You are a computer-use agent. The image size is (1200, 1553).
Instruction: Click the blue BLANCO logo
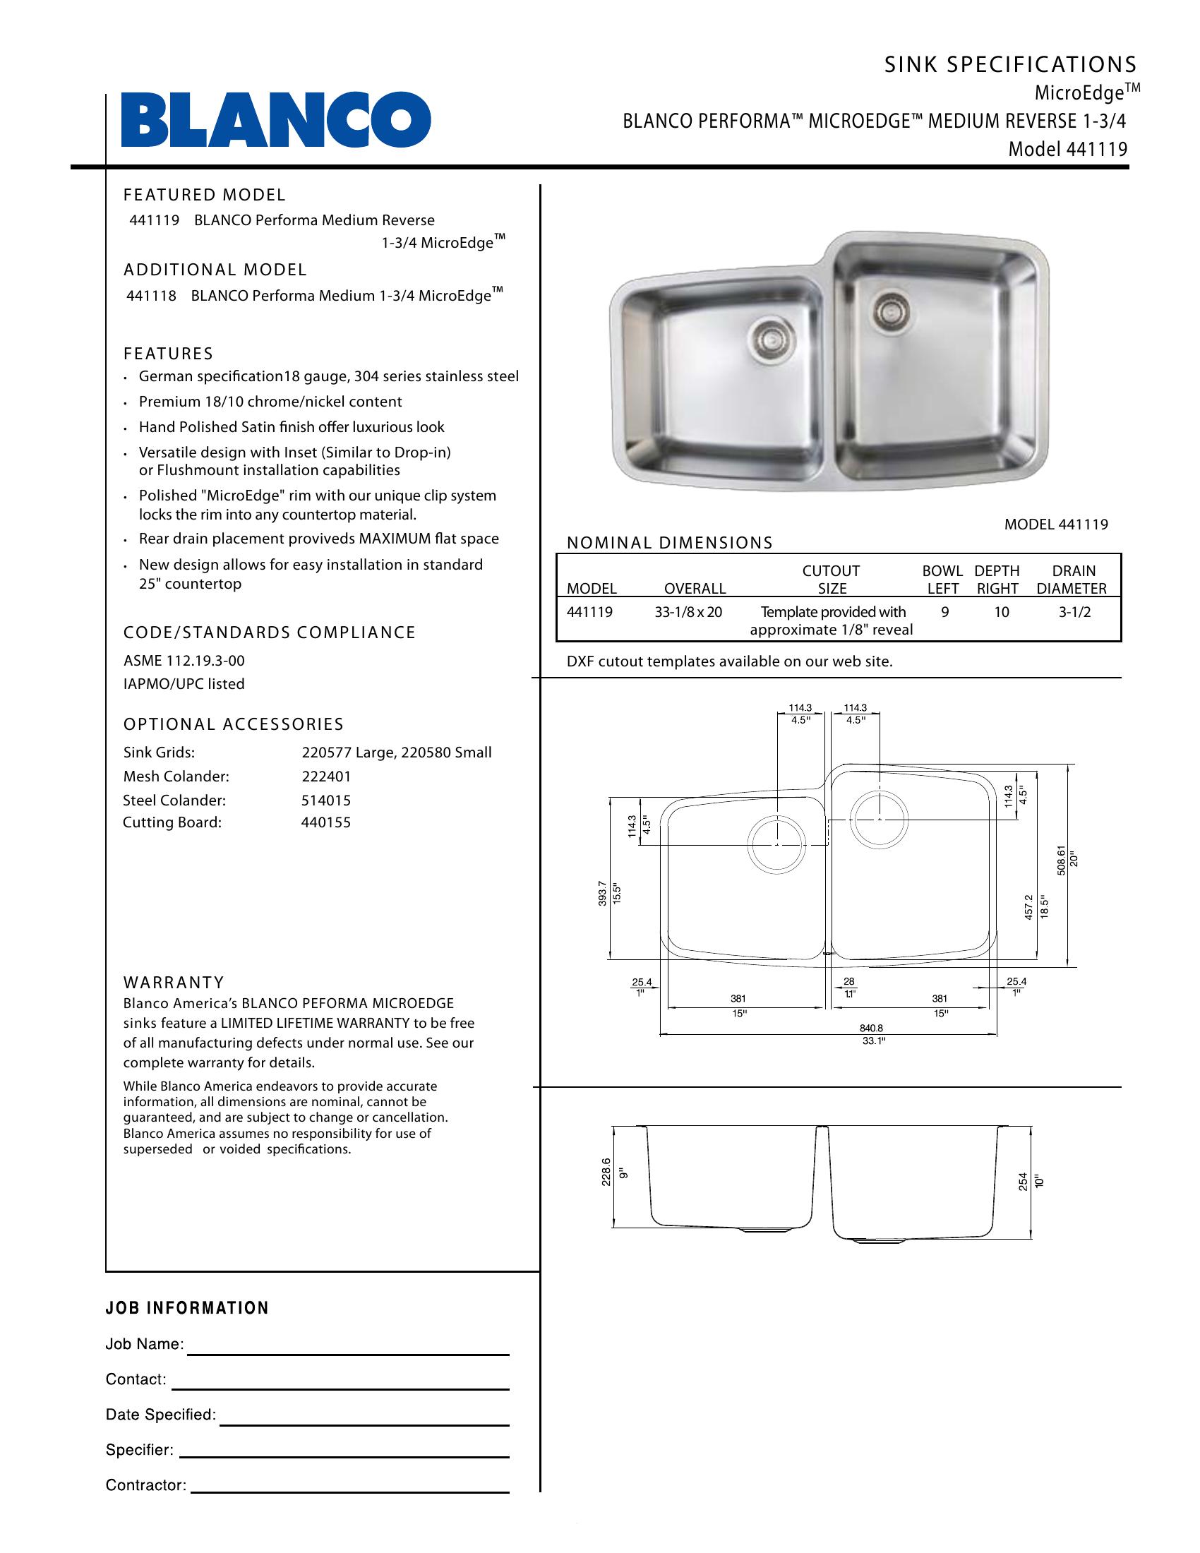coord(276,120)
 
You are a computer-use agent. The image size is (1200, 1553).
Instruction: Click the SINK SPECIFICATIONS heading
coord(1010,65)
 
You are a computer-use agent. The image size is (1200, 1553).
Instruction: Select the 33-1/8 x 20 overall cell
coord(688,612)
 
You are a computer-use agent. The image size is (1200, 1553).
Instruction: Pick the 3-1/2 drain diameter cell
coord(1074,612)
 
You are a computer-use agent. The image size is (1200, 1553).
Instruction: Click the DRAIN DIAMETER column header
coord(1072,580)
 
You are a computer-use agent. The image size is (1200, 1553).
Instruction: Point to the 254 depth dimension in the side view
coord(1023,1181)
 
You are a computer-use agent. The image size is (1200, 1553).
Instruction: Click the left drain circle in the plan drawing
coord(777,844)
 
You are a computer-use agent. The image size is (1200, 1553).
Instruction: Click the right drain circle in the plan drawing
coord(880,819)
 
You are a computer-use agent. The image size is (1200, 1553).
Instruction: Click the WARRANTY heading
coord(174,983)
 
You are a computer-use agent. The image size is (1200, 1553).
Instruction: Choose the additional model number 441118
coord(152,296)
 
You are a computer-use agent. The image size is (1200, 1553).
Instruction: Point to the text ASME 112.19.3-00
coord(184,661)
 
